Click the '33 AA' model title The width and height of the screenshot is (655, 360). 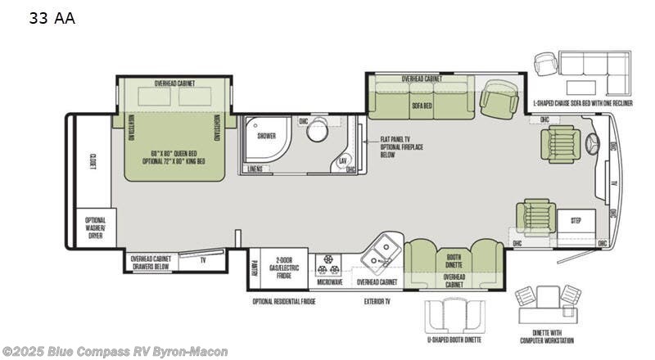51,18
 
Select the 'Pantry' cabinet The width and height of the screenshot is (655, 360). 255,268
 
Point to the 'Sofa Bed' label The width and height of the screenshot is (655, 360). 422,105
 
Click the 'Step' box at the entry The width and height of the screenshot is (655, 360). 576,221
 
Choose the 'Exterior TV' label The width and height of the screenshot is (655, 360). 377,301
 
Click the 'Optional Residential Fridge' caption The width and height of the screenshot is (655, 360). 284,301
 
